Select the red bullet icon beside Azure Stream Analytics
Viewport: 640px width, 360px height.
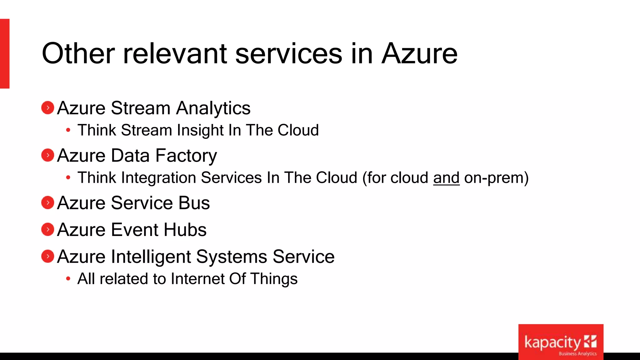48,108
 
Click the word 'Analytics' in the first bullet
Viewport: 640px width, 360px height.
213,108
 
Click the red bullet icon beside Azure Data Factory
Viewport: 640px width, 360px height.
48,155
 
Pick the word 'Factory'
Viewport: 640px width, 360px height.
186,156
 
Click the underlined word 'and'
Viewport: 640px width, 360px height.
446,178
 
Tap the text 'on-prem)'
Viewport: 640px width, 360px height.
496,178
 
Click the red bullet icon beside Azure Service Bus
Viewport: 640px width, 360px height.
48,203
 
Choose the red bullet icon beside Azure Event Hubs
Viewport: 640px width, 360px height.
48,230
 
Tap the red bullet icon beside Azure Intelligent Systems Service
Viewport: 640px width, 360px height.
48,257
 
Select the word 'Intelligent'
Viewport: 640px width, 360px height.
151,257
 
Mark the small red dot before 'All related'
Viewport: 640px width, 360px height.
68,279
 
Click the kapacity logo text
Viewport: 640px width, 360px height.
552,343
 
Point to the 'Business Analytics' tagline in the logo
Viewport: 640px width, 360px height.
577,354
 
